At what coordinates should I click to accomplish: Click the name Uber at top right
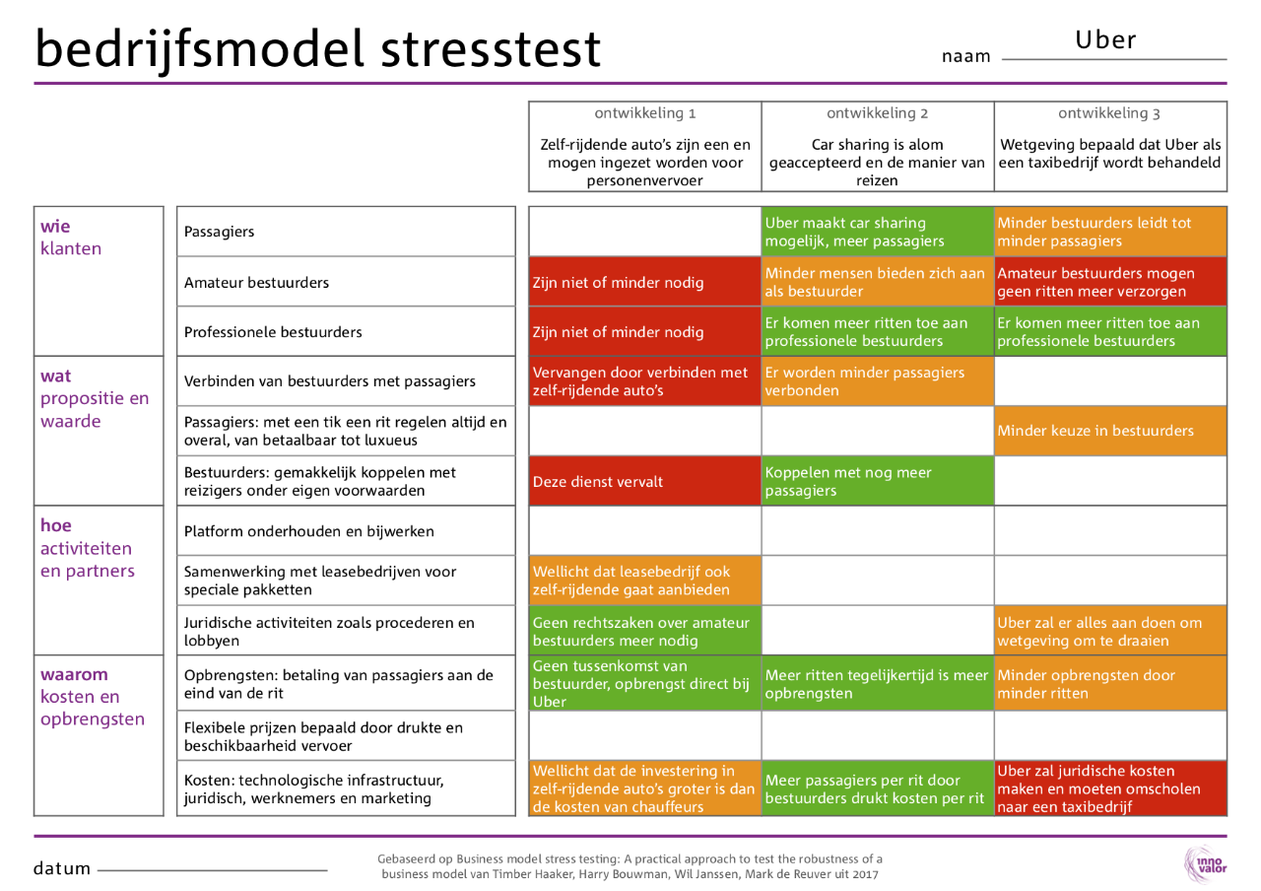tap(1105, 40)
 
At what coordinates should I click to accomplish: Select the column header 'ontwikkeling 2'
tap(877, 112)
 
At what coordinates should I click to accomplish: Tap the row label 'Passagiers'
tap(219, 232)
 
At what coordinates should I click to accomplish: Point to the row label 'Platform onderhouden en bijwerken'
tap(309, 531)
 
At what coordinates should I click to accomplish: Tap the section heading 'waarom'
tap(75, 675)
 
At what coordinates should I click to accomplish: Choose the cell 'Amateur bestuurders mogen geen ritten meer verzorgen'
tap(1110, 282)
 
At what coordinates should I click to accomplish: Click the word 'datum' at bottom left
tap(62, 869)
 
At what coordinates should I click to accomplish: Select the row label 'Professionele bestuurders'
tap(273, 332)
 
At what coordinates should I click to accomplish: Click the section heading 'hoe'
tap(56, 523)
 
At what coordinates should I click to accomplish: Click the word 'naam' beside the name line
tap(965, 57)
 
